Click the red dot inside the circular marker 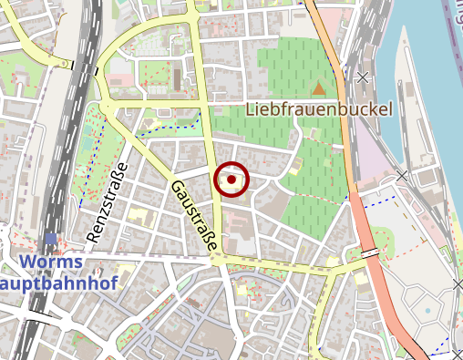[x=231, y=180]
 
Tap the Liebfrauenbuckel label [x=320, y=109]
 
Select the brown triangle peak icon [x=319, y=88]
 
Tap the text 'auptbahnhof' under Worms [x=54, y=283]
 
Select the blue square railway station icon [x=49, y=239]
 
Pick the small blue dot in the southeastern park [x=427, y=311]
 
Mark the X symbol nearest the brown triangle [x=364, y=77]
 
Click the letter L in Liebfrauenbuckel [x=252, y=109]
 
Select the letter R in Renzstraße [x=92, y=235]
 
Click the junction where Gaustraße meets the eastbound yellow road [x=217, y=259]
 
